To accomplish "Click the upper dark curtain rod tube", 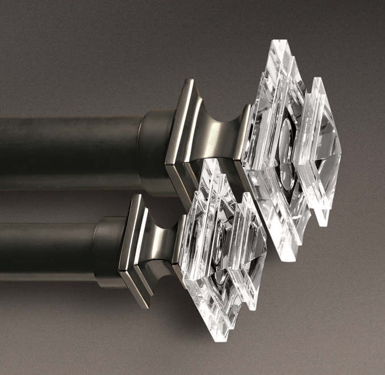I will pyautogui.click(x=68, y=145).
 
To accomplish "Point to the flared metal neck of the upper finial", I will pyautogui.click(x=219, y=136).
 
